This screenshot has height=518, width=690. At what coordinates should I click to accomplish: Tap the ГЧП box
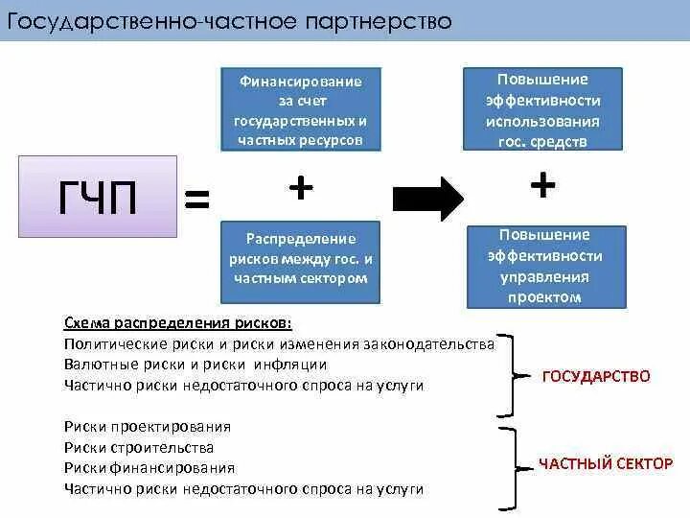[x=98, y=198]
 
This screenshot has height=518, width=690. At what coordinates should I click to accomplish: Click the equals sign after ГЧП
[x=196, y=200]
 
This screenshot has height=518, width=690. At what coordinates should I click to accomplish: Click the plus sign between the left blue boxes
[x=301, y=189]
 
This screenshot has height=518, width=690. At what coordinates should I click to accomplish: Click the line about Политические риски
[x=279, y=343]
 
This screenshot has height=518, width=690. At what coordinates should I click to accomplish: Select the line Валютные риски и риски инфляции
[x=195, y=365]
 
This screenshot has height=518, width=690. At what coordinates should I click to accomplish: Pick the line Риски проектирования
[x=148, y=426]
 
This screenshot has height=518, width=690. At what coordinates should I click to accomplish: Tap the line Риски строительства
[x=139, y=447]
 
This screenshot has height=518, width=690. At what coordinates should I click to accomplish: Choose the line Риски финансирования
[x=149, y=468]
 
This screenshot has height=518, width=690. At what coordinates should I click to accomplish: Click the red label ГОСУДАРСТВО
[x=596, y=376]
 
